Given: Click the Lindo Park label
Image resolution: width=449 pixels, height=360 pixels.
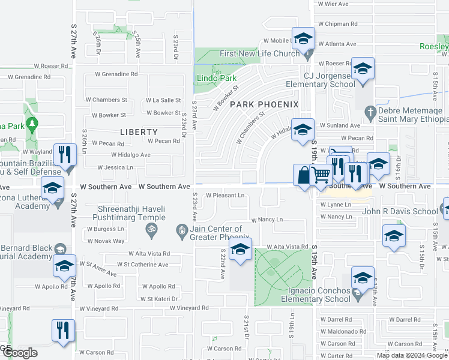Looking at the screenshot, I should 212,78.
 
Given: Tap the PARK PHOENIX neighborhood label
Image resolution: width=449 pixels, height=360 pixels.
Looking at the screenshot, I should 264,104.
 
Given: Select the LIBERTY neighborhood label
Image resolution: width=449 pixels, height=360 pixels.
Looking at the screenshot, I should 139,132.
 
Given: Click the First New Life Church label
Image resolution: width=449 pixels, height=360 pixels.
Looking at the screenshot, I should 259,54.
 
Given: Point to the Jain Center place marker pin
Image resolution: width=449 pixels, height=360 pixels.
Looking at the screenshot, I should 181,229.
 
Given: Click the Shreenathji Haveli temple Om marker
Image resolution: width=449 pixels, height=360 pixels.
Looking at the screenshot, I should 149,229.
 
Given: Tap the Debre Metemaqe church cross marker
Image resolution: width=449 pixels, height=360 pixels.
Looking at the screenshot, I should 370,112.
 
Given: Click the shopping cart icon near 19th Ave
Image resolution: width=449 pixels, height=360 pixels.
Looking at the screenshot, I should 322,175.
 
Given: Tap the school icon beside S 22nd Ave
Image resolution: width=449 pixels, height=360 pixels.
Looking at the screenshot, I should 240,250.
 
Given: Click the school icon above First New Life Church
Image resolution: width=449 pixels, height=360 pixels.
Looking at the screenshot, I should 304,40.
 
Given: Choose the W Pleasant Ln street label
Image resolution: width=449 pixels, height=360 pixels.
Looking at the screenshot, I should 225,196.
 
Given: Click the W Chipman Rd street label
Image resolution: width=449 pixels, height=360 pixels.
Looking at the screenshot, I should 337,24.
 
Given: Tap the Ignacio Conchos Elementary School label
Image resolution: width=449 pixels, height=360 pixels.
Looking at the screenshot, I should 316,295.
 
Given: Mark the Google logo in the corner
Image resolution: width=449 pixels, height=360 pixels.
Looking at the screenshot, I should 19,353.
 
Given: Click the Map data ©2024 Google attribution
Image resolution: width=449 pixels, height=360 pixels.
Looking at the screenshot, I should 412,355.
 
